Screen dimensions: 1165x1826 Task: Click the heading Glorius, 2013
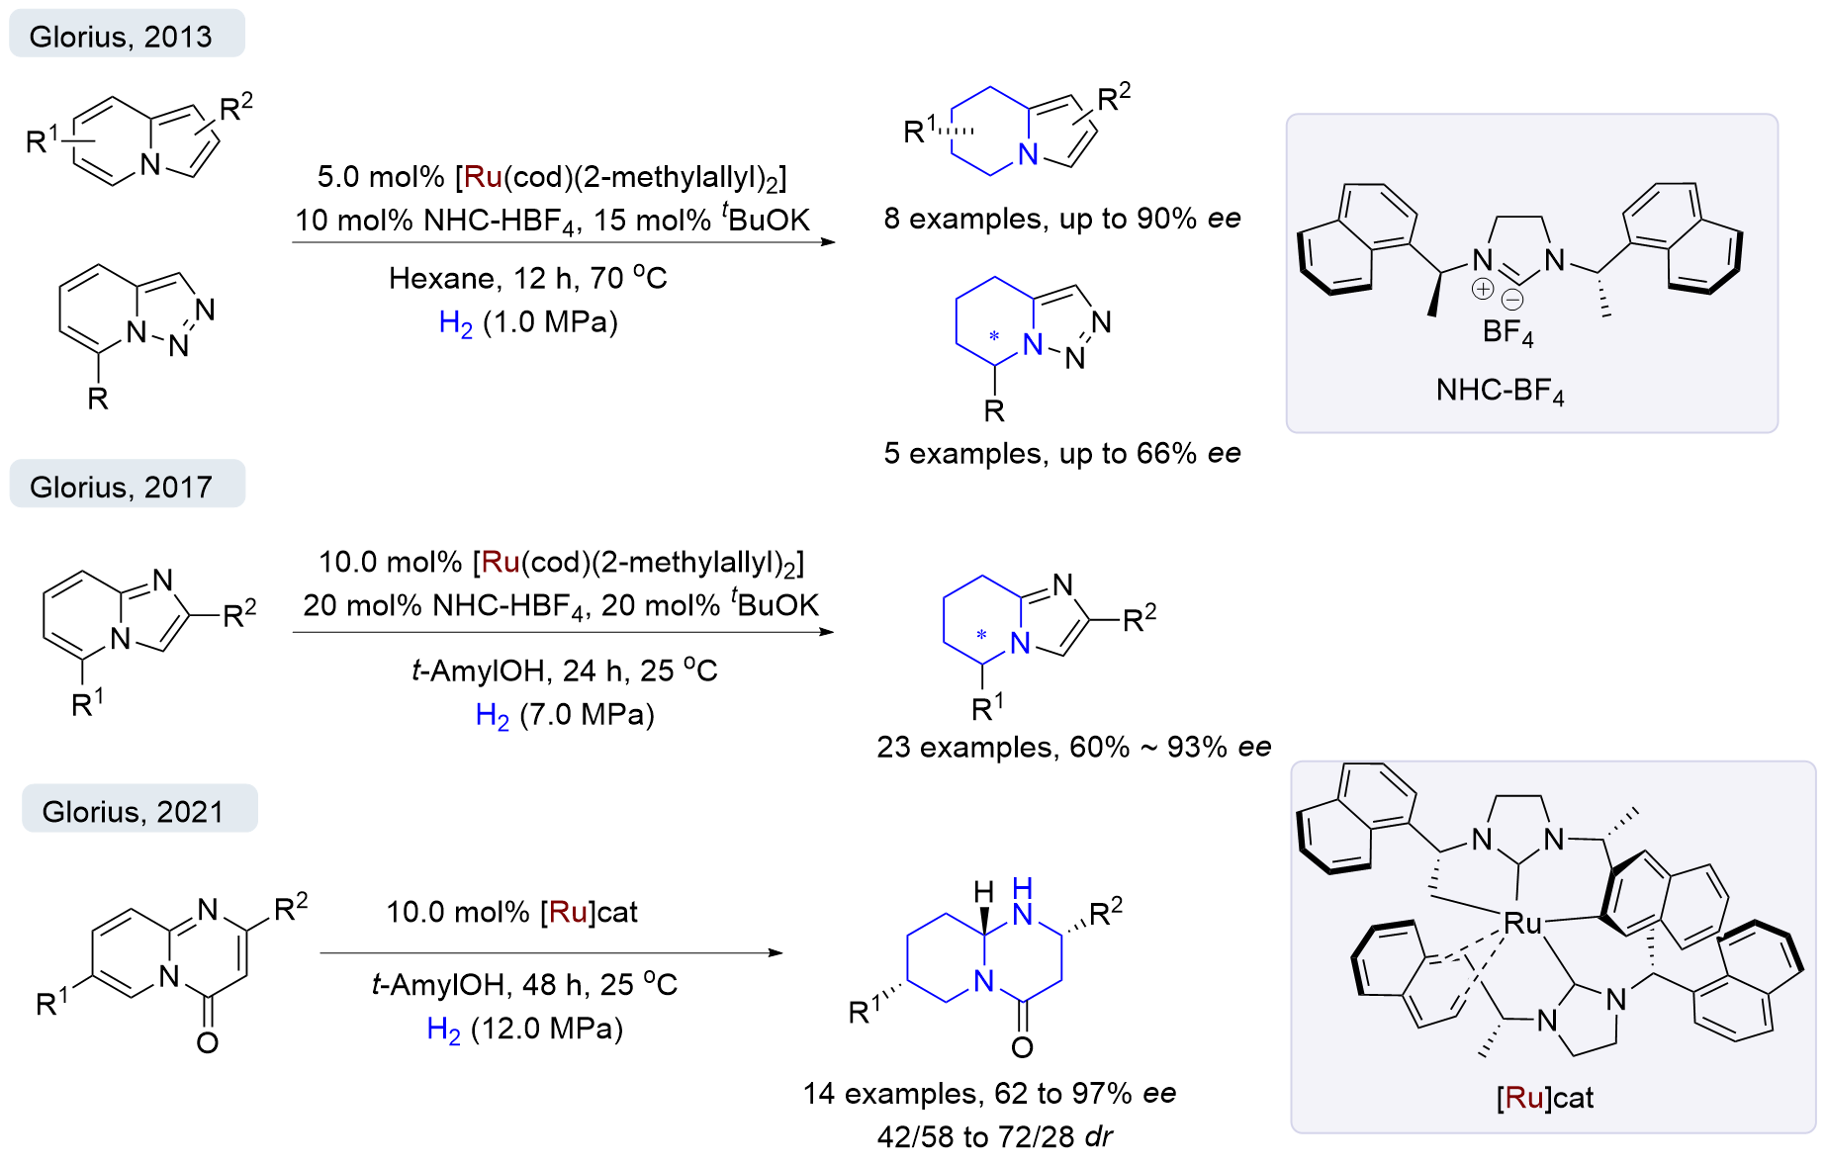click(121, 37)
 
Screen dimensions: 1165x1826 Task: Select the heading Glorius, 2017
click(121, 487)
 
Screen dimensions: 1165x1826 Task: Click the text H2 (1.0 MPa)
click(528, 322)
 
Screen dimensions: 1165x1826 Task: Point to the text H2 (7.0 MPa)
click(565, 714)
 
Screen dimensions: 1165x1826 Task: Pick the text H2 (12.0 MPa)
click(524, 1029)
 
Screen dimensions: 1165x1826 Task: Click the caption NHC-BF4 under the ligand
click(1500, 391)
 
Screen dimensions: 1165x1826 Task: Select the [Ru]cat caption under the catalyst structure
click(1544, 1098)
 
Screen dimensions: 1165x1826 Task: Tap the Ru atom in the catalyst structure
click(1522, 924)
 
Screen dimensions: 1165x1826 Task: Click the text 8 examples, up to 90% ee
click(1061, 219)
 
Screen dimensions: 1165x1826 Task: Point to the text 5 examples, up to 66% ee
click(1061, 453)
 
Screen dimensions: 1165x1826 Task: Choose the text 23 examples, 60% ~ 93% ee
click(1073, 747)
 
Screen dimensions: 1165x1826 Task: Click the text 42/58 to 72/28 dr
click(994, 1136)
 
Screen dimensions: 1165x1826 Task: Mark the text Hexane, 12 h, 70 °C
click(527, 278)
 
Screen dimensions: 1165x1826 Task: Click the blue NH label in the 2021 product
click(1023, 901)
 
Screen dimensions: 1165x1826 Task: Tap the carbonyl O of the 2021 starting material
click(207, 1042)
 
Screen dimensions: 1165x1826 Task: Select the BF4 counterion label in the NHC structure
click(1507, 332)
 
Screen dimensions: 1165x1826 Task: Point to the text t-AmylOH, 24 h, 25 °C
click(564, 671)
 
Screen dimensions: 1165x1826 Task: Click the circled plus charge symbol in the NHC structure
click(1483, 289)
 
